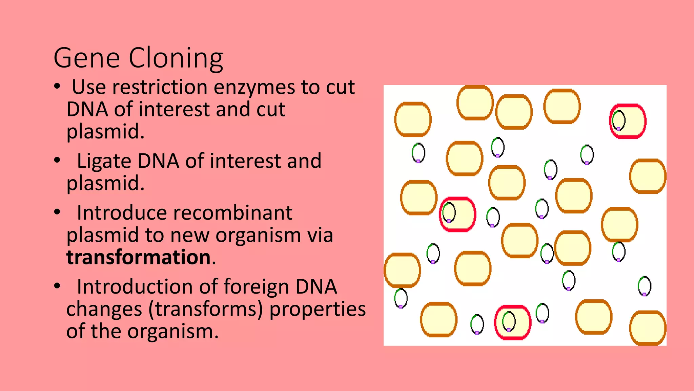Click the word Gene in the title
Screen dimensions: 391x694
point(87,58)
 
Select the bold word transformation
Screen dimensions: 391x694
point(139,257)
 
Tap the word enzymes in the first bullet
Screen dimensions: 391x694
point(254,88)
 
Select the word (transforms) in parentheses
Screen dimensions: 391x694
point(205,309)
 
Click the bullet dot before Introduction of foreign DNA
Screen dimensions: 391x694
point(57,286)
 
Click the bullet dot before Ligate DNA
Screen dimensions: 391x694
point(57,160)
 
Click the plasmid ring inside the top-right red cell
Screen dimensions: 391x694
point(618,120)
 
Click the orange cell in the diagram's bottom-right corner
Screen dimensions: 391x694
point(648,328)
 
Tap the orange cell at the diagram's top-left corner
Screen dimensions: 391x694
point(413,119)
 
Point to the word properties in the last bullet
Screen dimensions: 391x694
point(318,309)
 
